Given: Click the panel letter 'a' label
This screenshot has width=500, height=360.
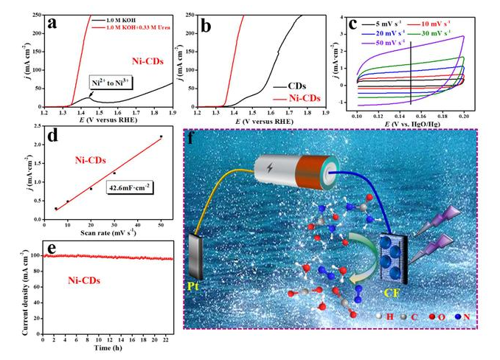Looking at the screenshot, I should pyautogui.click(x=52, y=23).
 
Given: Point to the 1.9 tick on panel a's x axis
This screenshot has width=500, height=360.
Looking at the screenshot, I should pyautogui.click(x=173, y=112).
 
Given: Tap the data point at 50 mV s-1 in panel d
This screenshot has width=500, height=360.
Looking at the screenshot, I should pyautogui.click(x=161, y=136).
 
